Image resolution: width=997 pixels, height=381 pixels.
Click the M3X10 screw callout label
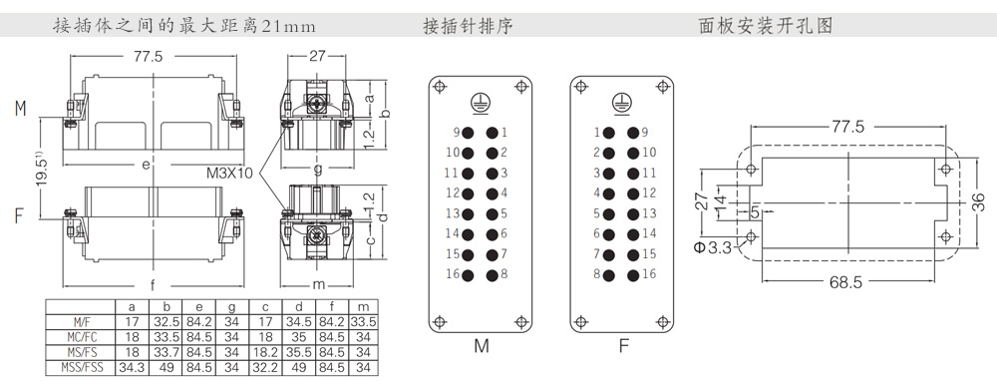pyautogui.click(x=230, y=173)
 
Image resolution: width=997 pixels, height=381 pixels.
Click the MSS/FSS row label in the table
pyautogui.click(x=80, y=367)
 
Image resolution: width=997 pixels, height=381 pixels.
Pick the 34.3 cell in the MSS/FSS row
pyautogui.click(x=131, y=367)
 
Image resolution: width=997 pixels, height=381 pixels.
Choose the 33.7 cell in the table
pyautogui.click(x=167, y=352)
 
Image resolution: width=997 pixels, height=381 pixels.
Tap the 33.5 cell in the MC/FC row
pyautogui.click(x=167, y=337)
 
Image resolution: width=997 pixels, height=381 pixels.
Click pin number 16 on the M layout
pyautogui.click(x=452, y=273)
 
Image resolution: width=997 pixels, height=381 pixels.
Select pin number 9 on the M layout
pyautogui.click(x=456, y=132)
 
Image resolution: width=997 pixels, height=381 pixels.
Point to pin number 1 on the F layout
pyautogui.click(x=596, y=132)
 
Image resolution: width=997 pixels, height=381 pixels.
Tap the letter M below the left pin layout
pyautogui.click(x=482, y=348)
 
